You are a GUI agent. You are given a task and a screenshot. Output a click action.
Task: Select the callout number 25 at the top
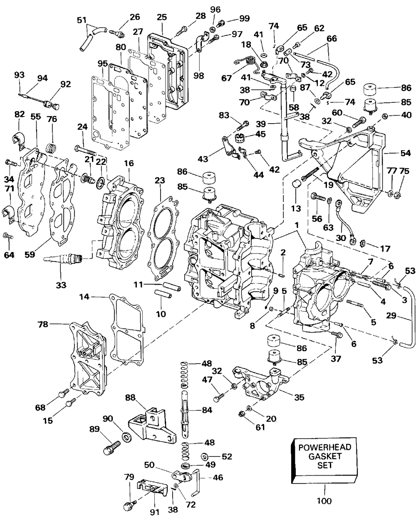point(162,17)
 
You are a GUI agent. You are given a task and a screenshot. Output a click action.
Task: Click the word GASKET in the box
point(325,456)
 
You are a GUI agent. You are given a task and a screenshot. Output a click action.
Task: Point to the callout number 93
point(19,74)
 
